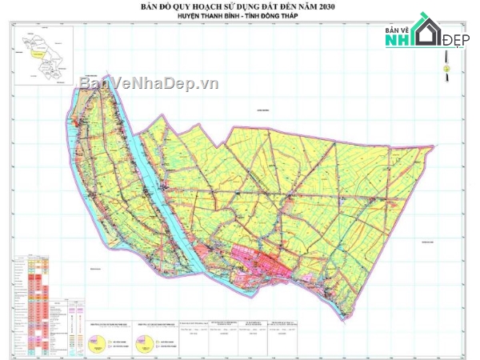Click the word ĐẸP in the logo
coord(457,41)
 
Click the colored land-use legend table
coord(32,304)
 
